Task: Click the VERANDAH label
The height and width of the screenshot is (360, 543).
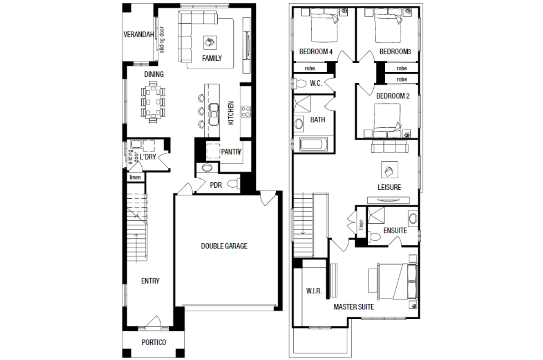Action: pos(139,35)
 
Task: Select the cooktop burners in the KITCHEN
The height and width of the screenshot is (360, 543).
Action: pos(246,112)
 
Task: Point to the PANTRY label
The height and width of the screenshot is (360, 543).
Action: pos(231,152)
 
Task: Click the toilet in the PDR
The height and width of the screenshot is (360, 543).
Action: pos(234,184)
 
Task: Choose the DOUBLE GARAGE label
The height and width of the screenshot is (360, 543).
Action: pos(224,246)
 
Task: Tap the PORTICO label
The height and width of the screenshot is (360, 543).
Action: pos(154,342)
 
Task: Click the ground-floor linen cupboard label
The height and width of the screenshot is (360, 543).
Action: pos(135,177)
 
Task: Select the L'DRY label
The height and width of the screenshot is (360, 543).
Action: pos(148,157)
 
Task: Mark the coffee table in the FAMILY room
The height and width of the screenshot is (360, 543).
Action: pos(210,43)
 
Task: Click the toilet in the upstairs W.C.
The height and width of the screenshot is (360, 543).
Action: pos(299,84)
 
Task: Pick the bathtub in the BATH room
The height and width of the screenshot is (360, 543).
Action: pos(313,144)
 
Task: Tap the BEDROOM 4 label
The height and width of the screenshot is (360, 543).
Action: pos(316,52)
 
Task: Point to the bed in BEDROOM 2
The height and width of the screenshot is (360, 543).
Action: pos(387,121)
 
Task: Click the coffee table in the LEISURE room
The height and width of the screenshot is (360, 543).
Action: pos(389,169)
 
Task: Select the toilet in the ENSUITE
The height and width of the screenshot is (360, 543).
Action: pos(374,236)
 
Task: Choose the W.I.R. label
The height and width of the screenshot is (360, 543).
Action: pos(314,291)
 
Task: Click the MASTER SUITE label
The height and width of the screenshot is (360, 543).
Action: pos(354,307)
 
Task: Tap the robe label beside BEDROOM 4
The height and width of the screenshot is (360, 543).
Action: pos(310,68)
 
